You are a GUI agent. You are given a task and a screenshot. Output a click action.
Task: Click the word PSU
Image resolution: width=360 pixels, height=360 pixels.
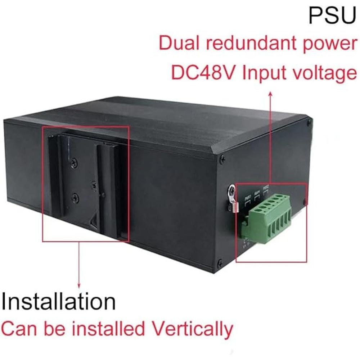click(332, 15)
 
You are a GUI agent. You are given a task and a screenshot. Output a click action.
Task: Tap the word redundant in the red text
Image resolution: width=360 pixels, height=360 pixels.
click(240, 44)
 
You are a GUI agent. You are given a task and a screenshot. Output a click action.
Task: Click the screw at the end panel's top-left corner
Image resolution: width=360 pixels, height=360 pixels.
click(222, 158)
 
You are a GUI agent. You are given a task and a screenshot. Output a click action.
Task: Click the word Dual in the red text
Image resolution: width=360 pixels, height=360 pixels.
click(176, 44)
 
